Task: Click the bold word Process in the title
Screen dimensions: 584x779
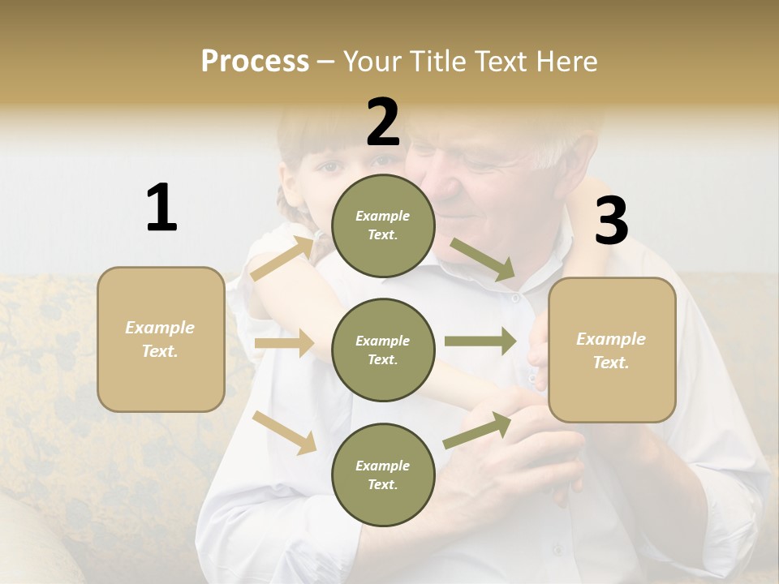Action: (x=255, y=61)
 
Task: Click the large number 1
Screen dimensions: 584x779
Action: (x=161, y=208)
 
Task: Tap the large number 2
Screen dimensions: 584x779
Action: (x=383, y=122)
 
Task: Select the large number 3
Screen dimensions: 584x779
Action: (x=611, y=221)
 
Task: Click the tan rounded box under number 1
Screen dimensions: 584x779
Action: (x=161, y=339)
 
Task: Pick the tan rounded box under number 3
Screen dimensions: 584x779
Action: (x=612, y=350)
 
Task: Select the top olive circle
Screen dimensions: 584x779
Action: (x=383, y=225)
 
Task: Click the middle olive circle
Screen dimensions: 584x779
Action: (x=383, y=350)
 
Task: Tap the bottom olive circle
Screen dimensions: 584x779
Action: (x=383, y=474)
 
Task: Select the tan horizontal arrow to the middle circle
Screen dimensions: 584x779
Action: (x=284, y=343)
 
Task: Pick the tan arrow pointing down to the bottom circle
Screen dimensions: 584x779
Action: (x=284, y=432)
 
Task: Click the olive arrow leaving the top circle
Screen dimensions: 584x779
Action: (x=484, y=260)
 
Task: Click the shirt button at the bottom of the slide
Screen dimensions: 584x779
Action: (x=557, y=550)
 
